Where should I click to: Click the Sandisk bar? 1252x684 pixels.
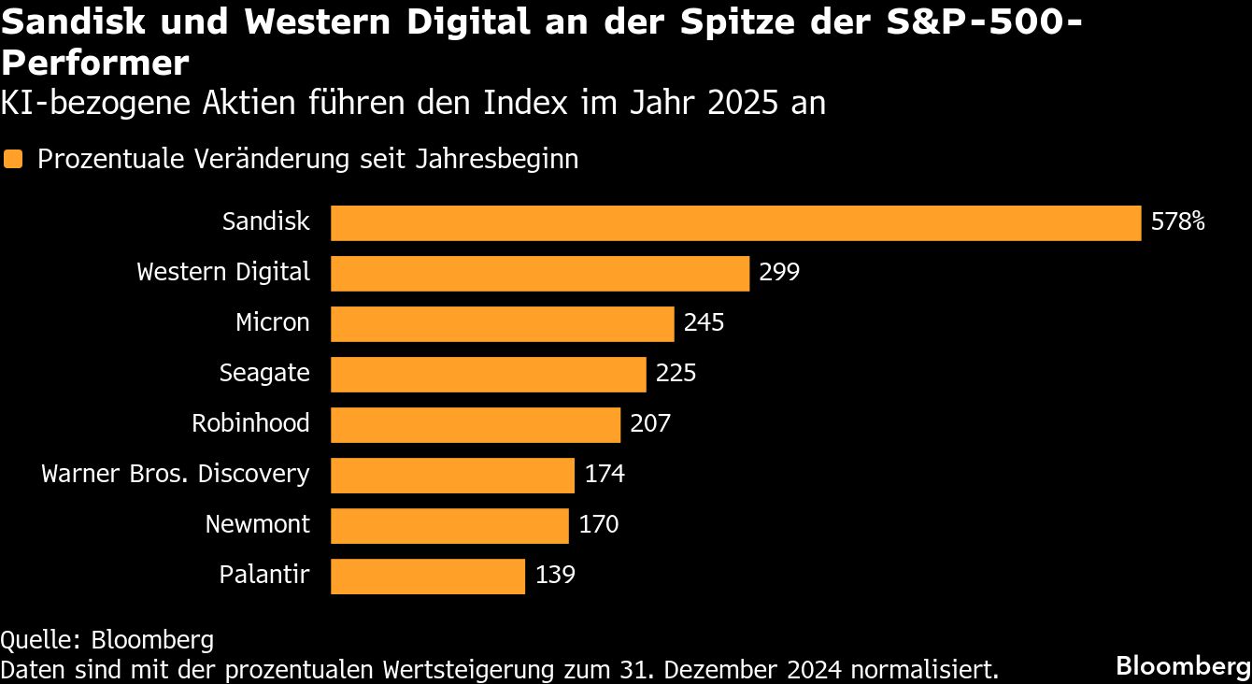735,223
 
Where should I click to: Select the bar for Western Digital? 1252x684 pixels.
540,274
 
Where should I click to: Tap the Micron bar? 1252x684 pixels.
502,324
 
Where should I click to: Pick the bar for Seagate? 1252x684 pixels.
488,375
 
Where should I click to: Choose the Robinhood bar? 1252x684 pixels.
476,425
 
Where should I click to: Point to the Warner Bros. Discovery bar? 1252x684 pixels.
452,476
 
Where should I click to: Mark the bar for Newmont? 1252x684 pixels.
449,526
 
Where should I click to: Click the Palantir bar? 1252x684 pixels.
428,577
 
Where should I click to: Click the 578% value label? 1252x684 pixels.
1178,222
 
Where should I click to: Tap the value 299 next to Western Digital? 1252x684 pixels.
779,273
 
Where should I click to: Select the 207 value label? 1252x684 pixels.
650,424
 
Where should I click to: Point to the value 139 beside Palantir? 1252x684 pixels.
555,576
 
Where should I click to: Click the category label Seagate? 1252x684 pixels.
264,374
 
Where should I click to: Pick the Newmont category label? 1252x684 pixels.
257,525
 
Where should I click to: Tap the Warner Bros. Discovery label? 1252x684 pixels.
175,475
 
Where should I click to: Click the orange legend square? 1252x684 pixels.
13,160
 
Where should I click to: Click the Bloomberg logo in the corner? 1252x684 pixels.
1183,666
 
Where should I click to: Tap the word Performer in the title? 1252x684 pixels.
95,64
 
